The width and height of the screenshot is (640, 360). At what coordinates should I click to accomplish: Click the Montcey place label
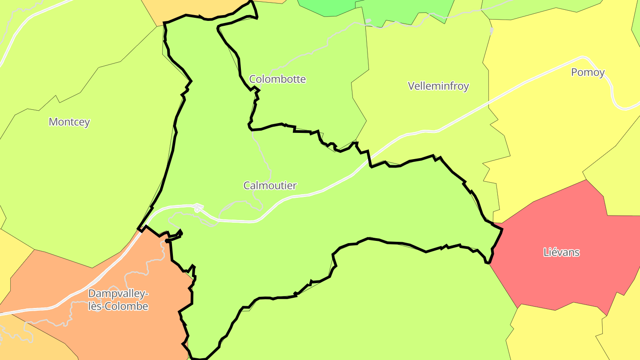tap(69, 122)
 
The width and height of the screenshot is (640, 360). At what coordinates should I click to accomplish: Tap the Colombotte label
tap(277, 79)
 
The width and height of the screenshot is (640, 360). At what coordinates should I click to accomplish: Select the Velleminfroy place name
tap(438, 86)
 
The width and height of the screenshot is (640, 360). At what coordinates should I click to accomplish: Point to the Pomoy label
tap(588, 72)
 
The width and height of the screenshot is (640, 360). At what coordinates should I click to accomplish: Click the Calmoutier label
tap(270, 185)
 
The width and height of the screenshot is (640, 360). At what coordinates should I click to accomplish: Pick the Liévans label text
tap(561, 252)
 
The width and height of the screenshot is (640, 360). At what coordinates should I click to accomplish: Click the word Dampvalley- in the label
tap(118, 293)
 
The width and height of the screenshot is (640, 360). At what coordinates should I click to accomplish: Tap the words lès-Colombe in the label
tap(118, 306)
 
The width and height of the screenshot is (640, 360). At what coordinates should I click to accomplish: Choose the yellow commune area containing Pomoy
tap(556, 133)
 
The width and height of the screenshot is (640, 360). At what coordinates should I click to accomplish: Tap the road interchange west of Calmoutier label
tap(197, 208)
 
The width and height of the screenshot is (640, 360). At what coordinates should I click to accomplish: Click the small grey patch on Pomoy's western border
tap(492, 31)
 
